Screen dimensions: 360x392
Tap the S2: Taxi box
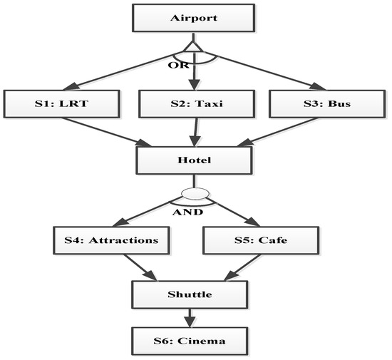194,105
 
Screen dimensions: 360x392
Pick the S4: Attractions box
113,240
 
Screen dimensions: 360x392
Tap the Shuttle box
194,293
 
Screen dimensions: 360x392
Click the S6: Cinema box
194,341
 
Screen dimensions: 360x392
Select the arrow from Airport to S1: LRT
121,69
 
